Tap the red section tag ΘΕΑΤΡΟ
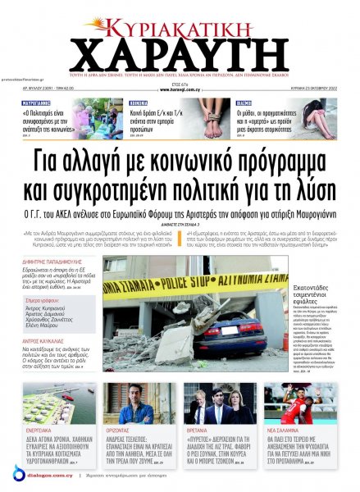tap(244, 104)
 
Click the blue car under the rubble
tap(231, 333)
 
